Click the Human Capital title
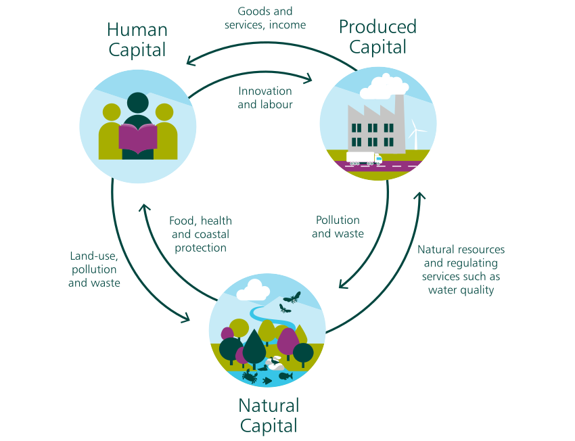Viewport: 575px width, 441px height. (137, 40)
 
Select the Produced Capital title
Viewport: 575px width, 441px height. (377, 37)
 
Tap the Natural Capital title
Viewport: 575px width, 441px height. (268, 415)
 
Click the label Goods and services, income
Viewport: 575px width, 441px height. (265, 18)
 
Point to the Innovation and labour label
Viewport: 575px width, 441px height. (265, 97)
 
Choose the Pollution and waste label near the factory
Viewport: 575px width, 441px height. (338, 227)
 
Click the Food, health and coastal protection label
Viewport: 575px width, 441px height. (201, 234)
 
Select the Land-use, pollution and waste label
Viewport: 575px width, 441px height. (94, 269)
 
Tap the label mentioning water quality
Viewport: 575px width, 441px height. (461, 270)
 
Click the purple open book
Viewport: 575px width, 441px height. (138, 138)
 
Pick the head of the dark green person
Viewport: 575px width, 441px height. (138, 103)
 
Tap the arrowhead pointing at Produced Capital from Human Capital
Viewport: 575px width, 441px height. (308, 80)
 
